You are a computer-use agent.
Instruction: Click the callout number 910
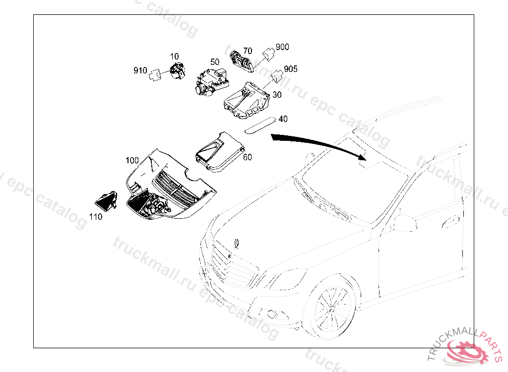140,71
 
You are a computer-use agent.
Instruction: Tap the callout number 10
175,57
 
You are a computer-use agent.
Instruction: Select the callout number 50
215,62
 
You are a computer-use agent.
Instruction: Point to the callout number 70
248,51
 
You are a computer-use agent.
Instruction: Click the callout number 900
282,47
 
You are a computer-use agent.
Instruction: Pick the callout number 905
291,69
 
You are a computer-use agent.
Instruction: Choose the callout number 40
283,119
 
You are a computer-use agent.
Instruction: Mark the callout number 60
248,157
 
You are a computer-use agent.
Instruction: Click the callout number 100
132,161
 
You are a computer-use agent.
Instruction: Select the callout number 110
96,216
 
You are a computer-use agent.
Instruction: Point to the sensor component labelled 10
177,70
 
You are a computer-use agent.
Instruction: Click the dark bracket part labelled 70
241,61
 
